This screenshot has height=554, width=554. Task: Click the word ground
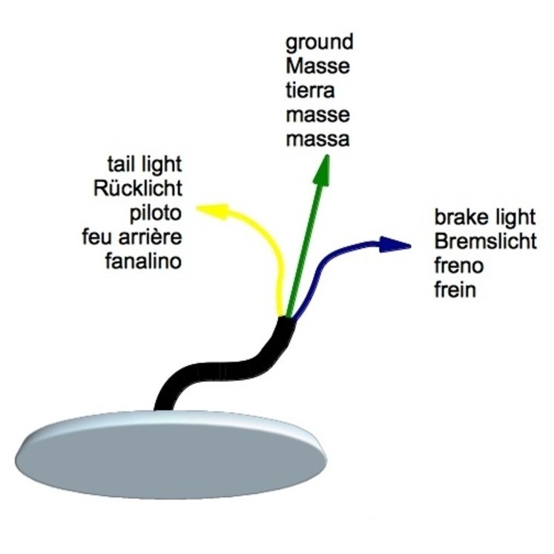click(319, 42)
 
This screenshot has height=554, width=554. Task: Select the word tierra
click(311, 91)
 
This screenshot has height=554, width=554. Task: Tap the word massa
click(317, 139)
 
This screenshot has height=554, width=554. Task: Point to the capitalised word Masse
click(317, 66)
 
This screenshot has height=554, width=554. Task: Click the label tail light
click(145, 163)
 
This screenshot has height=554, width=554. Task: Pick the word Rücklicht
click(138, 188)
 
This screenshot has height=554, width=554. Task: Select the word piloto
click(155, 212)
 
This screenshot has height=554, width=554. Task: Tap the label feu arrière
click(133, 237)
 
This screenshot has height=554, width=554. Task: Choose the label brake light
click(484, 217)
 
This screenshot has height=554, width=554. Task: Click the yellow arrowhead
click(208, 211)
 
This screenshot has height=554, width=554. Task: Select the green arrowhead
click(323, 172)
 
